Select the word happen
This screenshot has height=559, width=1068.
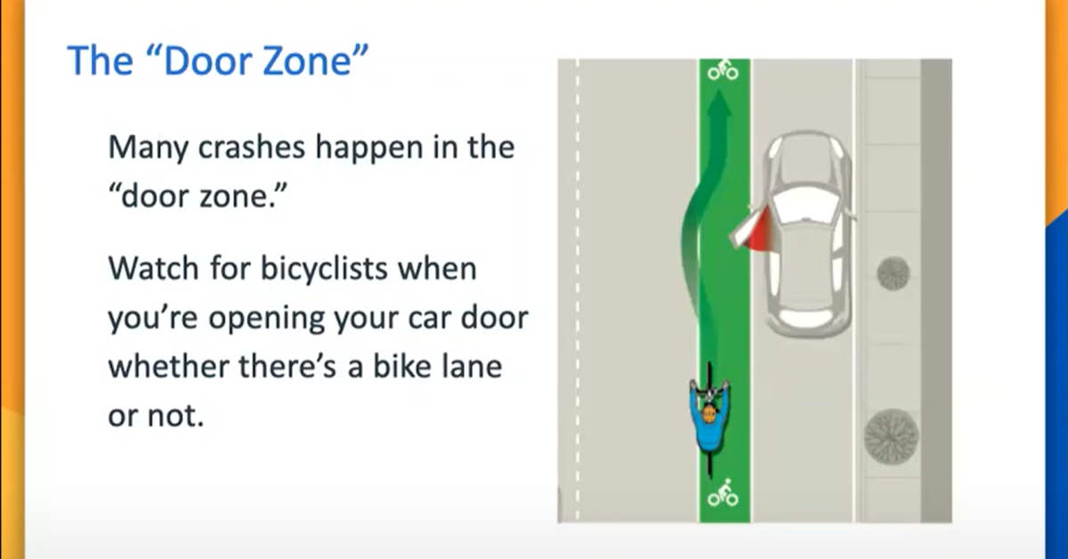tap(353, 148)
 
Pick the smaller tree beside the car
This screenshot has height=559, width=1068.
tap(893, 273)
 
